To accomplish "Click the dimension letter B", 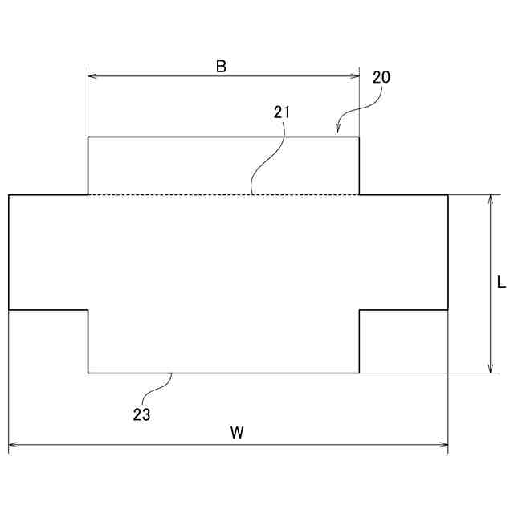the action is [x=221, y=67].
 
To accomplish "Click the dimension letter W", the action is [x=237, y=433].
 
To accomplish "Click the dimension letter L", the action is [x=501, y=283].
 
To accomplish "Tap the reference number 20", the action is [x=381, y=78].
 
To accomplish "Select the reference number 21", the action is [x=281, y=112].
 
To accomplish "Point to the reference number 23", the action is [x=141, y=415].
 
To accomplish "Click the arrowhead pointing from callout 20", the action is [x=339, y=128].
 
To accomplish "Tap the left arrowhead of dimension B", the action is [x=92, y=76].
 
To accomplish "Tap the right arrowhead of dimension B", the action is [x=355, y=76].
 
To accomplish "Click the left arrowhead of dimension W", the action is [x=13, y=444].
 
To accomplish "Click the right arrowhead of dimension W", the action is [x=443, y=444].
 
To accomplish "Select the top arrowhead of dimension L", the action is [x=491, y=199].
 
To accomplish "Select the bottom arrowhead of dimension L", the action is [x=491, y=368].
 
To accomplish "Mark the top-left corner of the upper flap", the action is [x=88, y=137].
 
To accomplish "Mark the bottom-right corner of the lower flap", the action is [x=359, y=373].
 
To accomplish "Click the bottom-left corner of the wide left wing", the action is [x=9, y=309].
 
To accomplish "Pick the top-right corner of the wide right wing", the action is [x=448, y=195].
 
